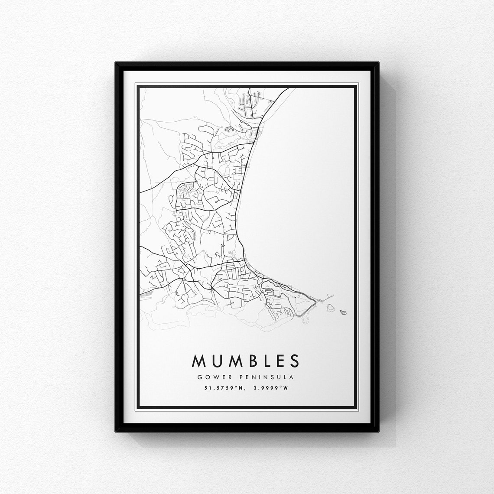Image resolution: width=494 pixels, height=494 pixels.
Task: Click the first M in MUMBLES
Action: coord(199,361)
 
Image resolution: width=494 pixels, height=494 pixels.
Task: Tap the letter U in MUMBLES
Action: coord(216,361)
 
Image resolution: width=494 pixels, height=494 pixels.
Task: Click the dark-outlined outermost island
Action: coord(343,312)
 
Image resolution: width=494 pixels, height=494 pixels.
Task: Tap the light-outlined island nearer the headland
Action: coord(331,307)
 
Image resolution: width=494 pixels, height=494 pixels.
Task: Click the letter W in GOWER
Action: coord(214,377)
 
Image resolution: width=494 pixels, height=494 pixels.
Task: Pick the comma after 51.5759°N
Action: coord(240,389)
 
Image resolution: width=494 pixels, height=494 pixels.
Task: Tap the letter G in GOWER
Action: coord(200,377)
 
